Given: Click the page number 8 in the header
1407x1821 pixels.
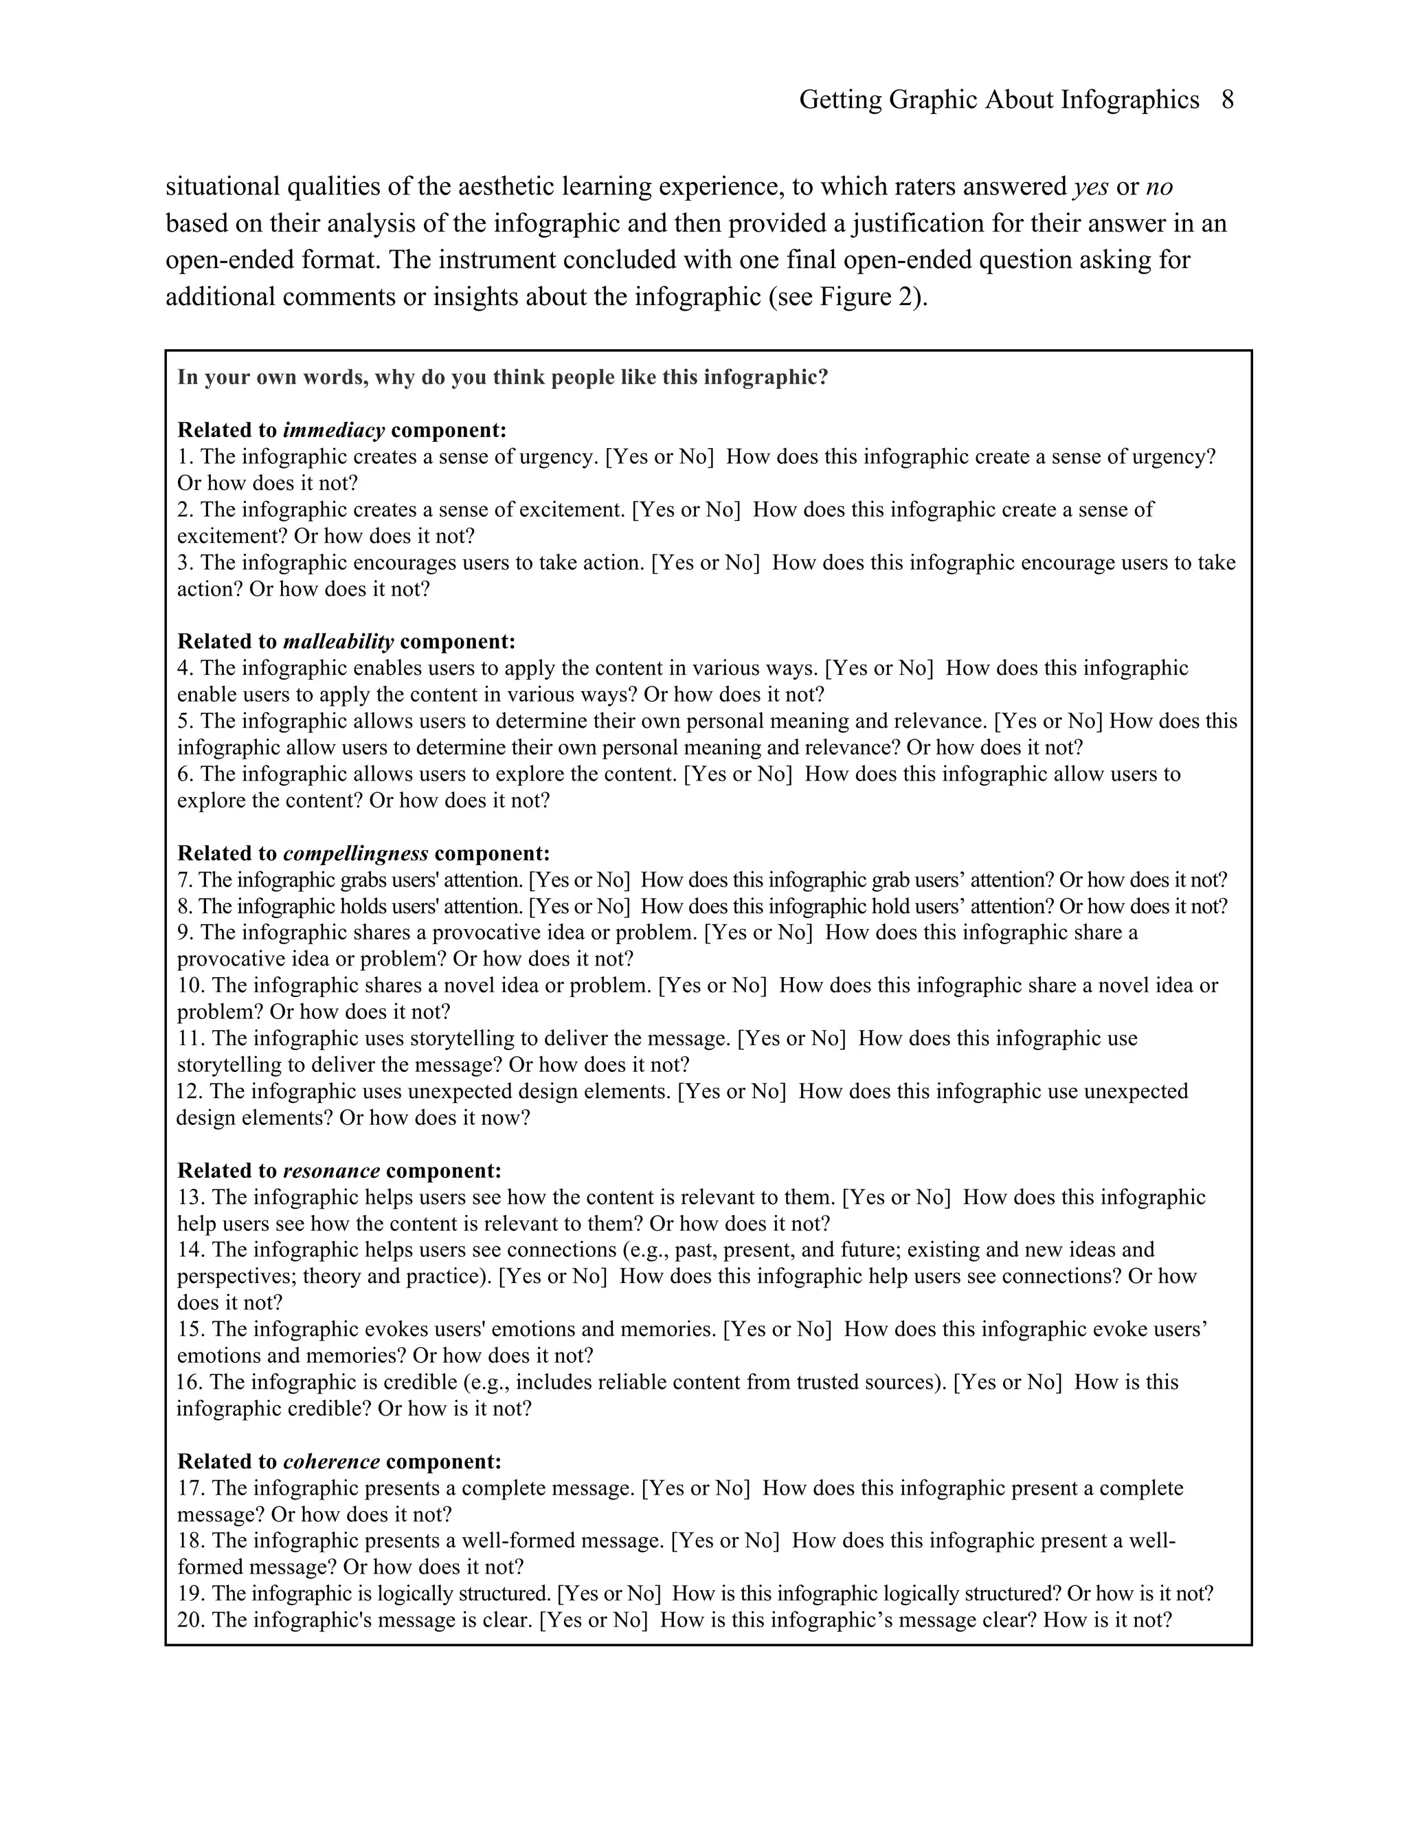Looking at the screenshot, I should tap(1227, 100).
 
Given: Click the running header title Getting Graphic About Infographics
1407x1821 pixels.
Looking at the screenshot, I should tap(998, 100).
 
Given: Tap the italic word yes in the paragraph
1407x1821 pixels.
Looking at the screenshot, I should tap(1090, 187).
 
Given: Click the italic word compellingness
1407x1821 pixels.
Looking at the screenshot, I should tap(356, 853).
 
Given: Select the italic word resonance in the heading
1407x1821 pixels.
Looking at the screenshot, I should tap(331, 1171).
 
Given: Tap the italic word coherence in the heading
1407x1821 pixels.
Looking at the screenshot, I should tap(331, 1462).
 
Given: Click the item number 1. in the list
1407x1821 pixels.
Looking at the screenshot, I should tap(185, 457).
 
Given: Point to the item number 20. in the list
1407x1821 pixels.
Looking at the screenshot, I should tap(191, 1620).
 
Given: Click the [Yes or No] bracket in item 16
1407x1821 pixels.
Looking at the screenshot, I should tap(1007, 1383).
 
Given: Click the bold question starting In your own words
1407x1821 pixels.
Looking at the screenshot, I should tap(503, 378).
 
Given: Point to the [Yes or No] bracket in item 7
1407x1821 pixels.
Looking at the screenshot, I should tap(579, 880).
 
